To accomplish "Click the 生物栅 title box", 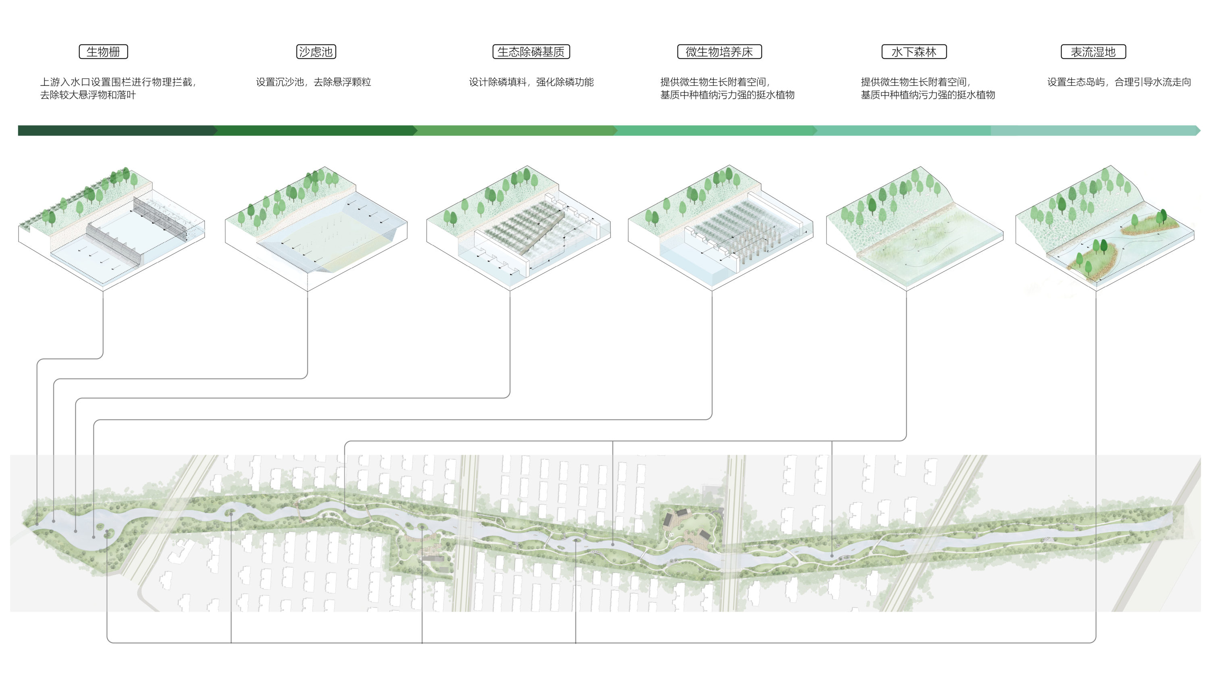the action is (103, 52).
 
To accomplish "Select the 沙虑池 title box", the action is (316, 52).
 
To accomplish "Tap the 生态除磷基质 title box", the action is (531, 52).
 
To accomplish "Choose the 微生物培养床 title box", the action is (719, 52).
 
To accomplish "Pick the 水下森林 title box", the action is (914, 52).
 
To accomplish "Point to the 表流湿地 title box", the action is (1093, 52).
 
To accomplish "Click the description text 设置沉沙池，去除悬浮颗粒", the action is (314, 82).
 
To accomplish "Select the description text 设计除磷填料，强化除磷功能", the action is (531, 82).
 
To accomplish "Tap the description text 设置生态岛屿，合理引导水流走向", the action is (1119, 82).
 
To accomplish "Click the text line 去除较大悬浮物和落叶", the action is (88, 95).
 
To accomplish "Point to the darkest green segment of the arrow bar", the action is (117, 131).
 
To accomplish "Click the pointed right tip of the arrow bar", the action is (1200, 131).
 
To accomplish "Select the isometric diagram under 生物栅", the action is (112, 229).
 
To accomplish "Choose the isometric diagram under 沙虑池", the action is (316, 229).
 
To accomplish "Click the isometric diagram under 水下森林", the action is (914, 229).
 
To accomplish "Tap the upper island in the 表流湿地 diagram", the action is (1150, 224).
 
